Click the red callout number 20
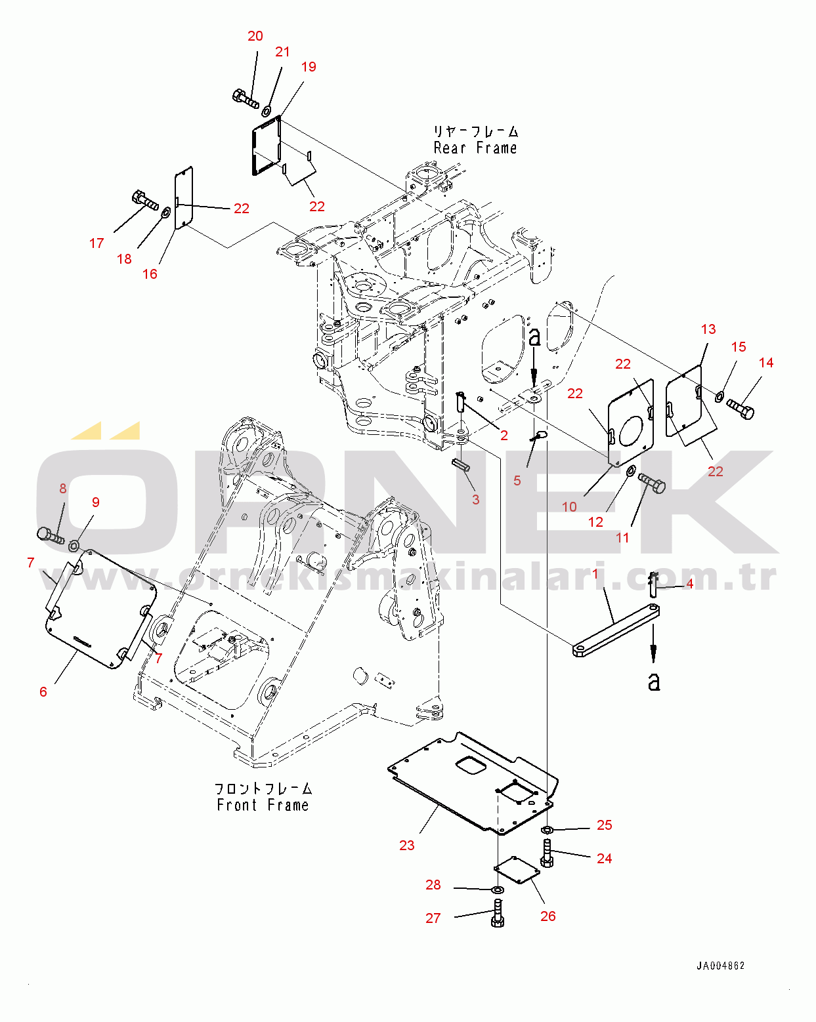pyautogui.click(x=255, y=36)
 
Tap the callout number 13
pyautogui.click(x=708, y=329)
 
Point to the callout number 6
pyautogui.click(x=43, y=692)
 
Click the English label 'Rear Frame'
pyautogui.click(x=475, y=148)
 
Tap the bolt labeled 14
pyautogui.click(x=740, y=409)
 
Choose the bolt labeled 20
pyautogui.click(x=246, y=99)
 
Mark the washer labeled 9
pyautogui.click(x=74, y=546)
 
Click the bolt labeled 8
pyautogui.click(x=50, y=536)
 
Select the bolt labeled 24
pyautogui.click(x=547, y=853)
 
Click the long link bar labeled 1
pyautogui.click(x=616, y=630)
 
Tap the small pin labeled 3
pyautogui.click(x=460, y=464)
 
